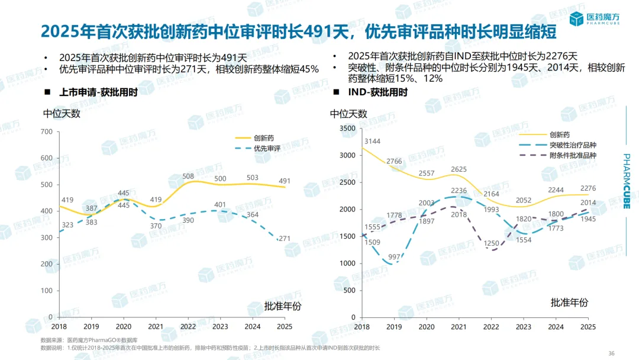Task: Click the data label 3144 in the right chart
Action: tap(372, 141)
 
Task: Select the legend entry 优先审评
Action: tap(267, 149)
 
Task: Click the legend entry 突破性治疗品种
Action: tap(572, 145)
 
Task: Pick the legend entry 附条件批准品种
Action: tap(572, 156)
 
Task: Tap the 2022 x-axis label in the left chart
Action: tap(188, 326)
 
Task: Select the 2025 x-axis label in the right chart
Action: tap(588, 326)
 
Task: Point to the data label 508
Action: tap(188, 176)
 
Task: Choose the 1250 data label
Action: tap(491, 243)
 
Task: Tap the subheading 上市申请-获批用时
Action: tap(98, 92)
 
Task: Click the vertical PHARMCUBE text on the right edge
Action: tap(627, 184)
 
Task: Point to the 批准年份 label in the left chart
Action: tap(282, 306)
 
